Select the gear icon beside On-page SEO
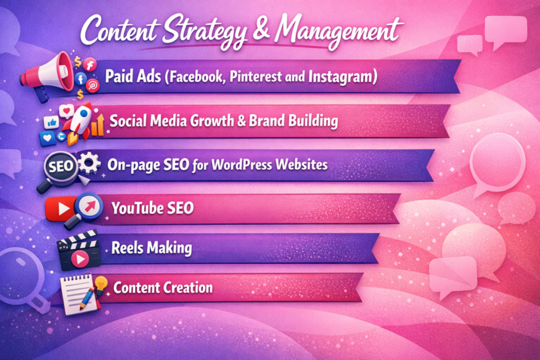89,163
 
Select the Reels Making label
151,248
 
